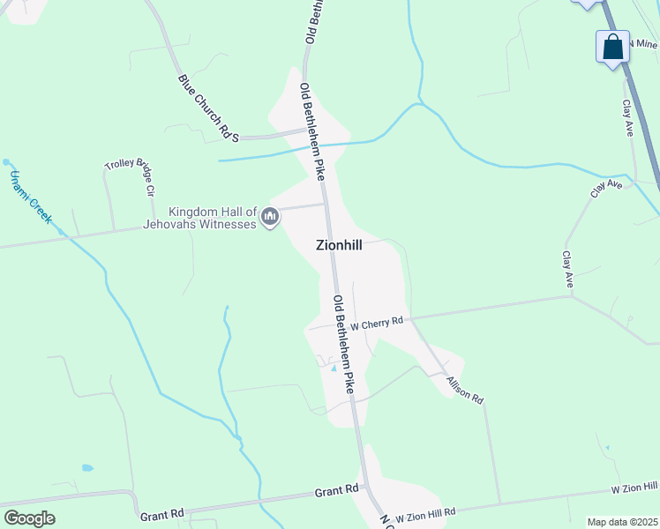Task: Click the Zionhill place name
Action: tap(339, 246)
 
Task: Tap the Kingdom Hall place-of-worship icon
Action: tap(271, 216)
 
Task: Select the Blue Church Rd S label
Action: tap(209, 108)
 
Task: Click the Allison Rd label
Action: tap(465, 389)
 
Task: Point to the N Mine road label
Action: tap(641, 42)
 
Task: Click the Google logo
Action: tap(30, 518)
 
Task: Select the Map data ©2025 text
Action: tap(622, 522)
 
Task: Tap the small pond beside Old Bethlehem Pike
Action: tap(334, 369)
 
